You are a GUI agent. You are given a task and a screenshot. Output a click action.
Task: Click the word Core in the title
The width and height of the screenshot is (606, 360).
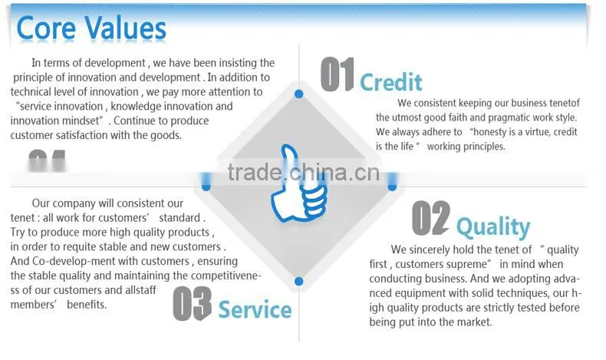click(x=45, y=28)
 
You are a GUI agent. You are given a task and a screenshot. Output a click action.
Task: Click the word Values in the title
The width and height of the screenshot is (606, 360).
click(x=126, y=28)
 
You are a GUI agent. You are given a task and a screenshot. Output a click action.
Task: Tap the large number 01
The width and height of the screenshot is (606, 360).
click(x=337, y=74)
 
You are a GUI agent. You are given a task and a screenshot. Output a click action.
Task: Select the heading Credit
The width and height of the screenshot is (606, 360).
click(x=390, y=82)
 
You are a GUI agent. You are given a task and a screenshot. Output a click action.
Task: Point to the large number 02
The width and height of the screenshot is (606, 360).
click(x=431, y=218)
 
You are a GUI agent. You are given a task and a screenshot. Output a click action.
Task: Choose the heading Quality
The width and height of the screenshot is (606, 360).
click(x=493, y=227)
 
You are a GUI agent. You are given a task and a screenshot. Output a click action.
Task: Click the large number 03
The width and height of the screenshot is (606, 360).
click(x=192, y=304)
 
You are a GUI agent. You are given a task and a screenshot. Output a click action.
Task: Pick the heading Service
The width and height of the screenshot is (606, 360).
click(x=255, y=310)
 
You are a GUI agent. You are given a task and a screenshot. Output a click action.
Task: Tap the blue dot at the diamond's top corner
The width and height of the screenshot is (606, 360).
click(x=298, y=94)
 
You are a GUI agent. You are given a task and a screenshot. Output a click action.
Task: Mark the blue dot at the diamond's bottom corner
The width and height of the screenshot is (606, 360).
click(x=298, y=281)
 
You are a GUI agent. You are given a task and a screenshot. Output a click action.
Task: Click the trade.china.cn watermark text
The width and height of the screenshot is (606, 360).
click(x=304, y=173)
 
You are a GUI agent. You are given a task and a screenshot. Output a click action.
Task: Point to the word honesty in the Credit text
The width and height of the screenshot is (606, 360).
click(x=489, y=132)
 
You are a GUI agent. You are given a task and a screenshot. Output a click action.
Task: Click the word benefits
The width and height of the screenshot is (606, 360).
click(x=86, y=305)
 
